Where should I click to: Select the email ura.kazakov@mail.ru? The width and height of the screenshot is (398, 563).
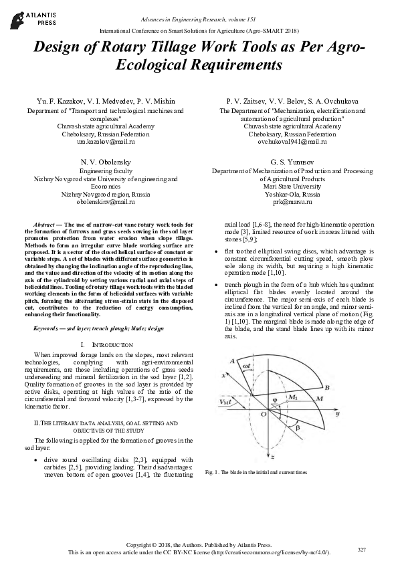106,142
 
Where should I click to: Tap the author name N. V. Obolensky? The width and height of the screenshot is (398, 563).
106,162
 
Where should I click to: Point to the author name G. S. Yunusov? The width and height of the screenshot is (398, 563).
292,162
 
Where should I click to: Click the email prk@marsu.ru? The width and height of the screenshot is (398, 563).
292,201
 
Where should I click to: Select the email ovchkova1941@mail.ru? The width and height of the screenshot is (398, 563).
292,142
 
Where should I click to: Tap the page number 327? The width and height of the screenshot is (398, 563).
361,549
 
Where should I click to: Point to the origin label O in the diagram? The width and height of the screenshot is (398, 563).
264,415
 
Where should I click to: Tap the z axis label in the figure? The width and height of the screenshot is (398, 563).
274,456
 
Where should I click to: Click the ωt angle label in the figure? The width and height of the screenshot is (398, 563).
247,366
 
